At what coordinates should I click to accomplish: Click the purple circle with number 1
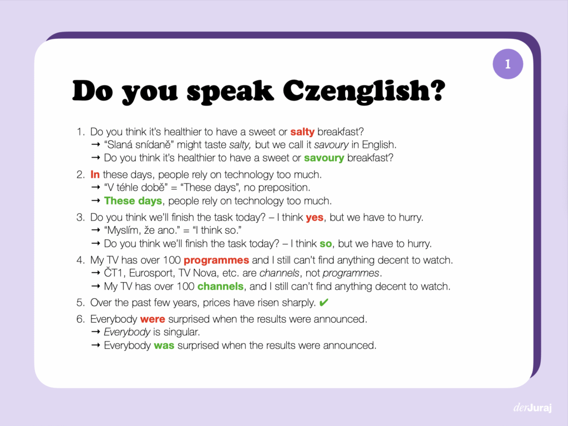click(x=508, y=64)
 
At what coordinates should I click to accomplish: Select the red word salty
click(x=302, y=132)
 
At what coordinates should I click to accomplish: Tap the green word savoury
click(x=324, y=158)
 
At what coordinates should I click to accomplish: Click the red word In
click(x=95, y=175)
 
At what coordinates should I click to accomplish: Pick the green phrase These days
click(x=133, y=201)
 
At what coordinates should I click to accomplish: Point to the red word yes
click(x=315, y=218)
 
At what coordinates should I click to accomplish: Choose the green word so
click(x=326, y=244)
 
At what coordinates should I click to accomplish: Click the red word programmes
click(x=216, y=260)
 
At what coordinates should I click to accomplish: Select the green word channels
click(x=220, y=287)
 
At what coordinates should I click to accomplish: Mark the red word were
click(x=153, y=319)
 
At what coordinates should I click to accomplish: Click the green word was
click(x=164, y=345)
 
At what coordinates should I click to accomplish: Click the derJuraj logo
click(x=532, y=408)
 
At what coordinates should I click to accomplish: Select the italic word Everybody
click(x=127, y=332)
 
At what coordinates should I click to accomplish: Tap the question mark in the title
click(x=436, y=92)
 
